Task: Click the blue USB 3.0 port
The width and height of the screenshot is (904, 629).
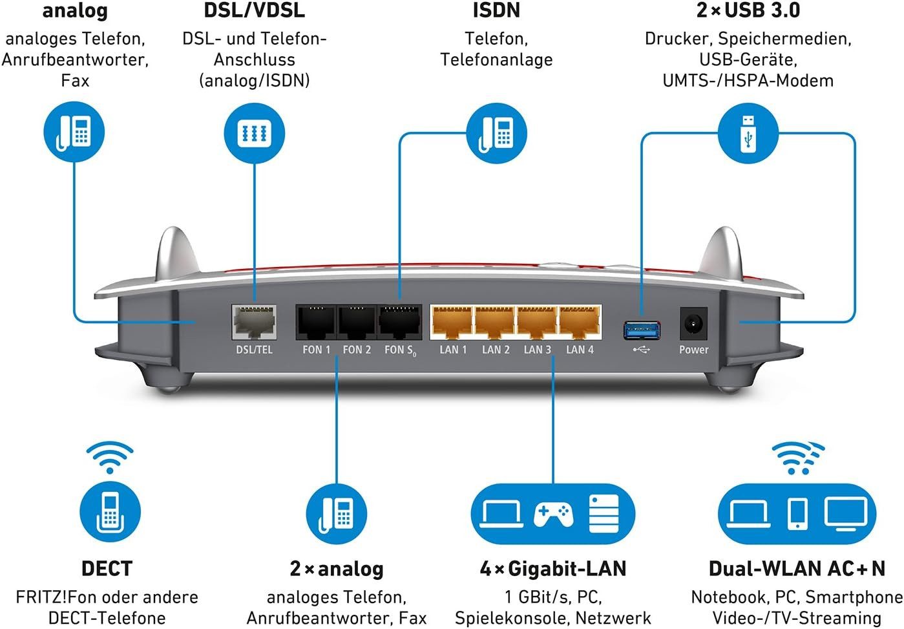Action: [x=642, y=329]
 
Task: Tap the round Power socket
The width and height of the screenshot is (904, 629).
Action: [x=693, y=323]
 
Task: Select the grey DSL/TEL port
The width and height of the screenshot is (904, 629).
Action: [x=254, y=322]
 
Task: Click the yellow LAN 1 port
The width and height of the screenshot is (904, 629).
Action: [x=452, y=322]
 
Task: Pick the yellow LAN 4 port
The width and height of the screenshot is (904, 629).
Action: [x=580, y=322]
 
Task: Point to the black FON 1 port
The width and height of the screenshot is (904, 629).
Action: [x=316, y=322]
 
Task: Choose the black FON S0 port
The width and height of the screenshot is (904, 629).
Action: [x=399, y=322]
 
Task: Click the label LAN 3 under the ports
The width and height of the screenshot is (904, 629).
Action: [x=537, y=350]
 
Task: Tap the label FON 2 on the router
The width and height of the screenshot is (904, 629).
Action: [x=357, y=350]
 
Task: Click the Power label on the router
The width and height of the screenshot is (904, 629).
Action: [x=693, y=350]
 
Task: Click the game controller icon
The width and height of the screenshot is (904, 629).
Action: [x=553, y=514]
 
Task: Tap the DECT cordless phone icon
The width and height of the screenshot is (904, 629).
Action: [x=110, y=511]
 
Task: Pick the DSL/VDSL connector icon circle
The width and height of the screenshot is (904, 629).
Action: [x=254, y=134]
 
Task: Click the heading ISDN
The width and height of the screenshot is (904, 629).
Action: [x=496, y=10]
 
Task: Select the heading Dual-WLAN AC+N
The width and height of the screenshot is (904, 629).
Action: [x=797, y=568]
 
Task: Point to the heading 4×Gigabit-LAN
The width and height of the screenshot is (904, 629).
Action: [x=553, y=568]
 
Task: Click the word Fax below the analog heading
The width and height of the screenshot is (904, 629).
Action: [x=75, y=81]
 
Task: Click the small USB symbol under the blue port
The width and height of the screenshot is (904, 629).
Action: [x=642, y=350]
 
